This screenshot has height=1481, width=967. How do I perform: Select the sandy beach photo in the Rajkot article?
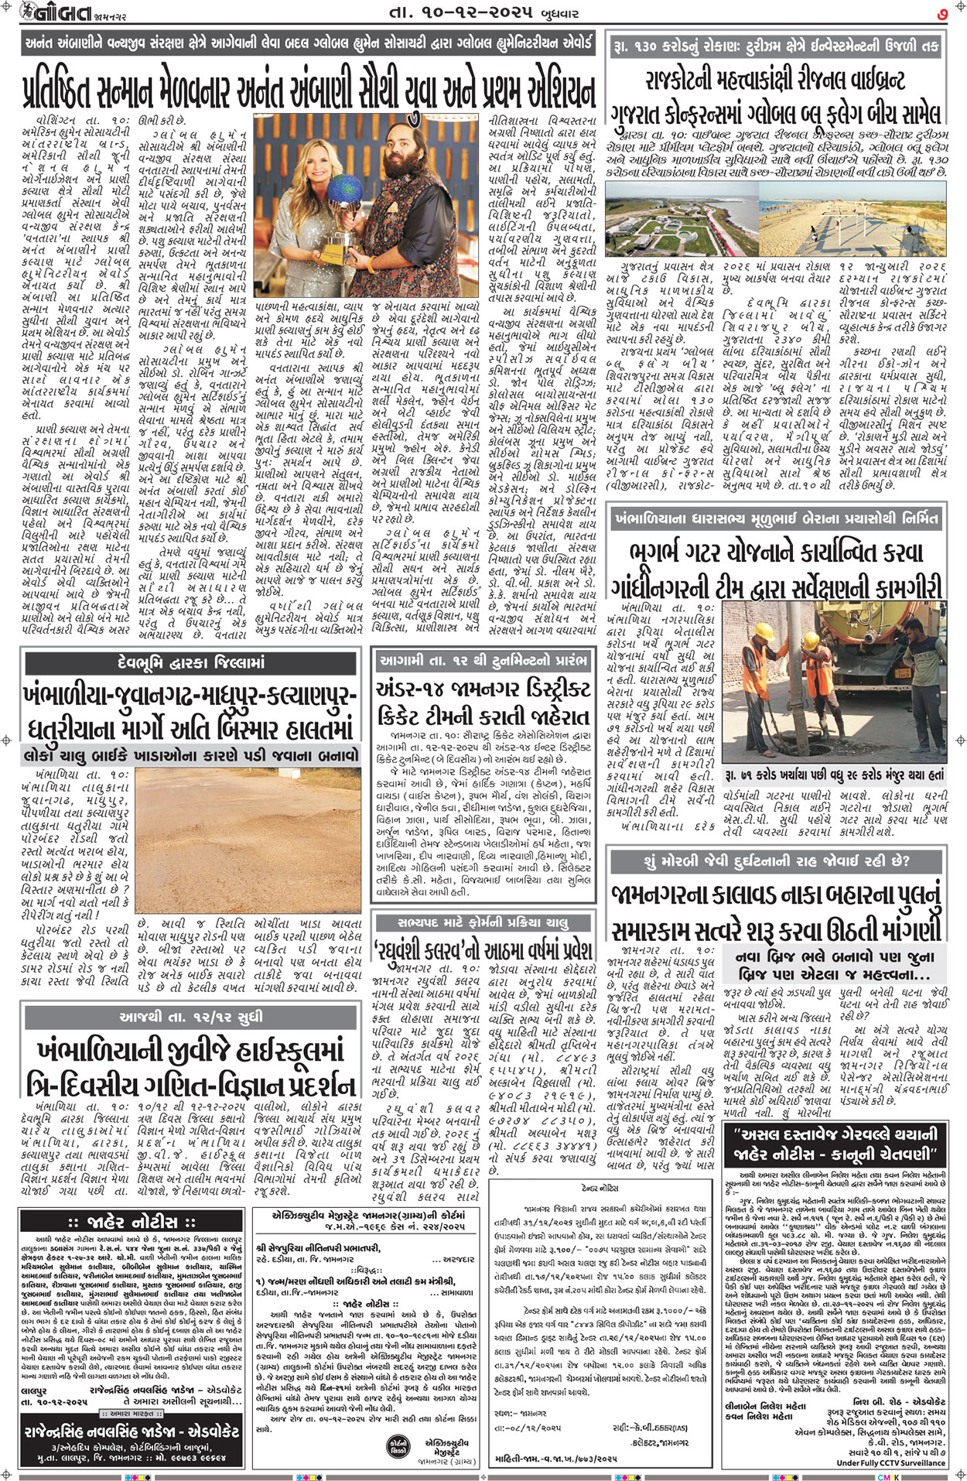coord(851,221)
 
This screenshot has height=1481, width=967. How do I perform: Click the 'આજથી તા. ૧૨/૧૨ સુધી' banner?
coord(191,1016)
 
